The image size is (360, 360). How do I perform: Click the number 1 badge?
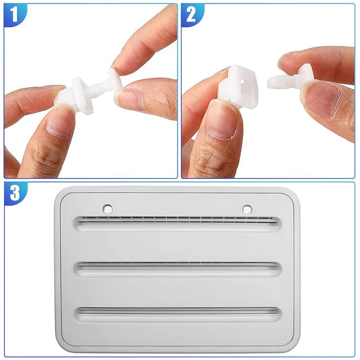click(x=14, y=14)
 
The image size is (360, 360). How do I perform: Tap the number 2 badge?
click(x=191, y=14)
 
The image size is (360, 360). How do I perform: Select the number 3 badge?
click(x=15, y=193)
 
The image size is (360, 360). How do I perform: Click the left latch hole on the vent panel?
click(x=108, y=209)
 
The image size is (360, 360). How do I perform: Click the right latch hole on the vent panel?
click(x=247, y=209)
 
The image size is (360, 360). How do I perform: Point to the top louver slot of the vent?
click(x=177, y=223)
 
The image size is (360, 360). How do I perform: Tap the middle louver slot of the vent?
click(x=177, y=269)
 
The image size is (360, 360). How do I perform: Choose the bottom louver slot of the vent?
click(x=177, y=315)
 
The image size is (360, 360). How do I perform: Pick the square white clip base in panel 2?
click(x=238, y=86)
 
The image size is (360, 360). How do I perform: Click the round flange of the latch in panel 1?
click(x=82, y=94)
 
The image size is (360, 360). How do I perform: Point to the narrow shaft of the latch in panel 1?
click(x=99, y=87)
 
